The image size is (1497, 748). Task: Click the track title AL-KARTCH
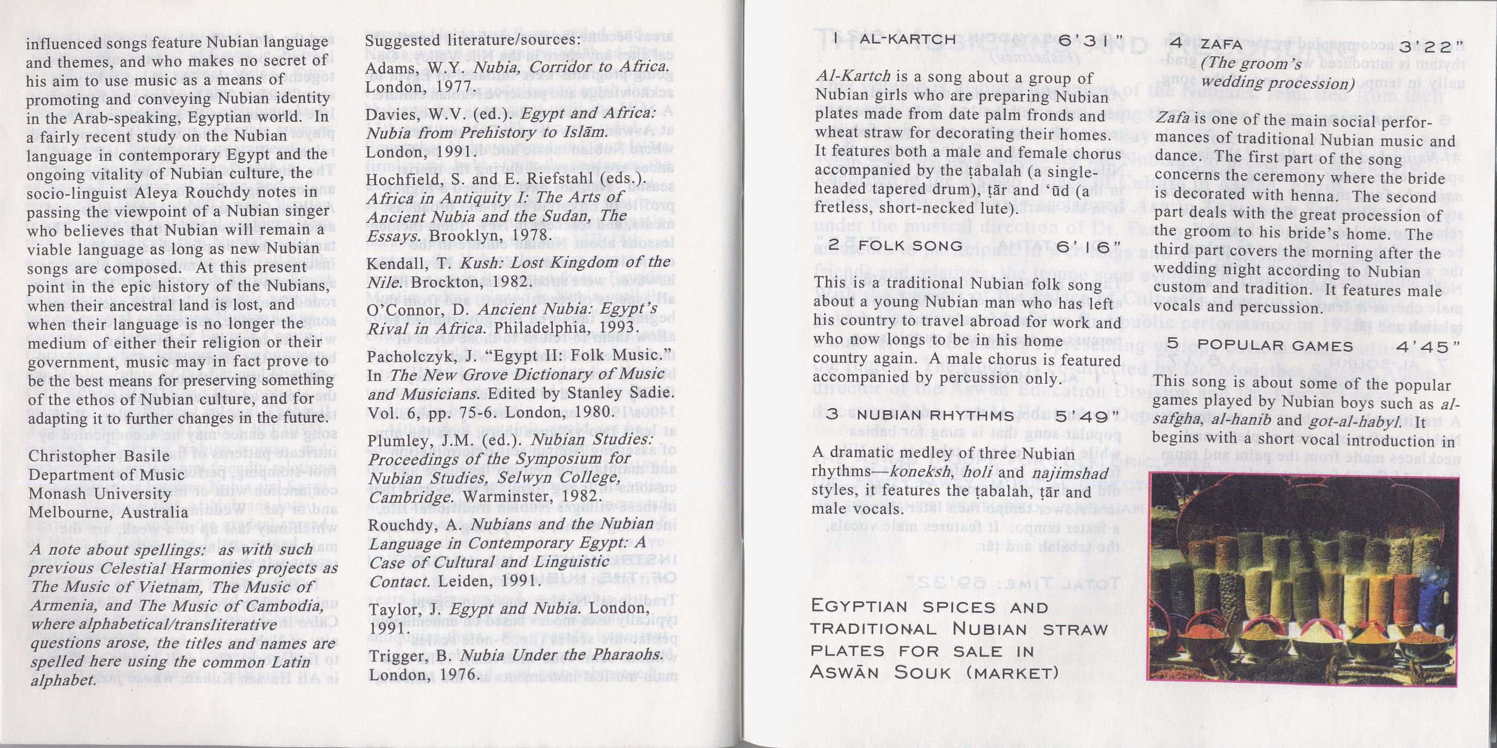(908, 40)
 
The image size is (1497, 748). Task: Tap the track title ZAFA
(1217, 44)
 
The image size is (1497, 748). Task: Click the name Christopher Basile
(99, 456)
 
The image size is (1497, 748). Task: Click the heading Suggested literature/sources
(473, 40)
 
